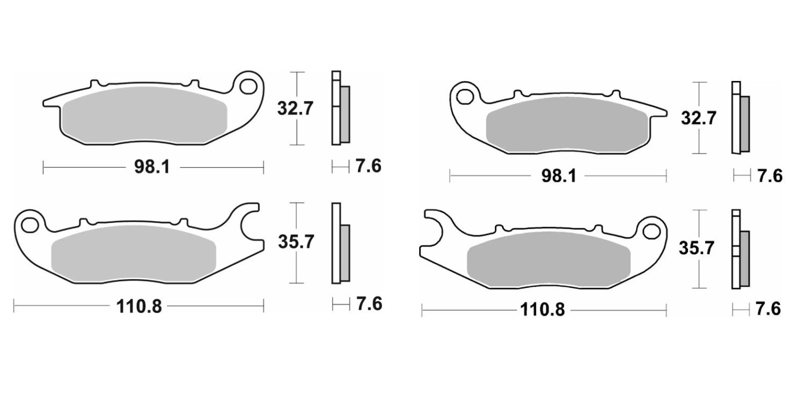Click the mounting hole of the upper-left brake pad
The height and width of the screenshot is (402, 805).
click(x=248, y=87)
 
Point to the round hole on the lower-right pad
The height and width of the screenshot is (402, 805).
click(x=651, y=232)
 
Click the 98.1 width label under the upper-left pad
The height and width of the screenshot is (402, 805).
click(x=152, y=167)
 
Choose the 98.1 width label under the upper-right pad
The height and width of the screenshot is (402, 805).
click(x=559, y=176)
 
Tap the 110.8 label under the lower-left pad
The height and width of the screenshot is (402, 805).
click(x=139, y=307)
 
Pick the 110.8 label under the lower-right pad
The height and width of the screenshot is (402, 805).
click(x=543, y=310)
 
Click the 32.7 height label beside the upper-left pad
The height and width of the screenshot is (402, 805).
click(x=295, y=108)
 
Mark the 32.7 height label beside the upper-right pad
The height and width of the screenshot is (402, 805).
click(x=699, y=118)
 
